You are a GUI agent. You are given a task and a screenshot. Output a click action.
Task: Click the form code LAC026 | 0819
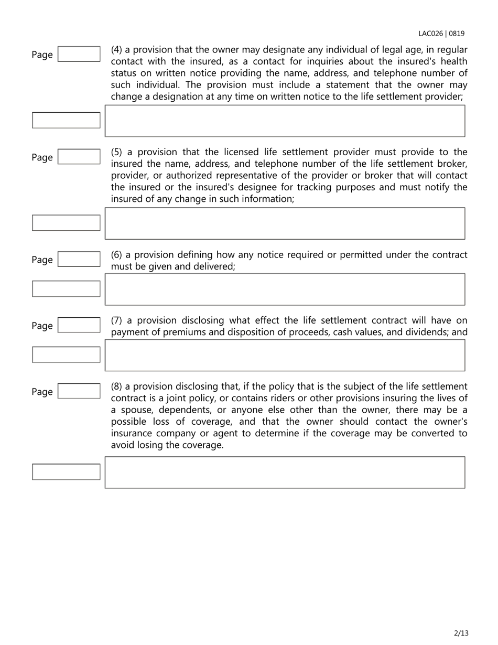pos(441,34)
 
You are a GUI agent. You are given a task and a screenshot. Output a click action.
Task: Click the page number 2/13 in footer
pos(461,633)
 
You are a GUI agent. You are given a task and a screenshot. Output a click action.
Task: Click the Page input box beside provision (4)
pos(79,54)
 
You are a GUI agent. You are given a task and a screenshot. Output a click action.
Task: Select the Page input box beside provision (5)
pos(79,157)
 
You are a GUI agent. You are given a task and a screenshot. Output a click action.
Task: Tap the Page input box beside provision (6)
pos(79,260)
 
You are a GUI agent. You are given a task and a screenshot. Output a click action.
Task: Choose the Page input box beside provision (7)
pos(79,326)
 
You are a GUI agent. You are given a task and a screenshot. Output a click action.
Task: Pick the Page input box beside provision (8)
pos(79,391)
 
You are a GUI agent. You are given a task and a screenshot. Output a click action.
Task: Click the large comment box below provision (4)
pos(285,121)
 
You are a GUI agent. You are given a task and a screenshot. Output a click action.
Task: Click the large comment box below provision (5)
pos(285,223)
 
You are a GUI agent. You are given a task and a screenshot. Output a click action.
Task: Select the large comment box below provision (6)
pos(285,289)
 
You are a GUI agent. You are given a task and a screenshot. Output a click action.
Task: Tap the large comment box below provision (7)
pos(285,355)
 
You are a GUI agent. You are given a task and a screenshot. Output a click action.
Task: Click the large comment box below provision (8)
pos(285,472)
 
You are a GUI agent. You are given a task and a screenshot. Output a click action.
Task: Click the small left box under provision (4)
pos(66,120)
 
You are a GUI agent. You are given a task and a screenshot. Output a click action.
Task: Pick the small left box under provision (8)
pos(66,471)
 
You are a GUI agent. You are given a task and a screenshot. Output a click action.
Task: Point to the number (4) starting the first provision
pos(116,50)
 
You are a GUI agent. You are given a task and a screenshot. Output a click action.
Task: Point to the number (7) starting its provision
pos(116,320)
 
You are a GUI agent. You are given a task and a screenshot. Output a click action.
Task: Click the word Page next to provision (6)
pos(42,260)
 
